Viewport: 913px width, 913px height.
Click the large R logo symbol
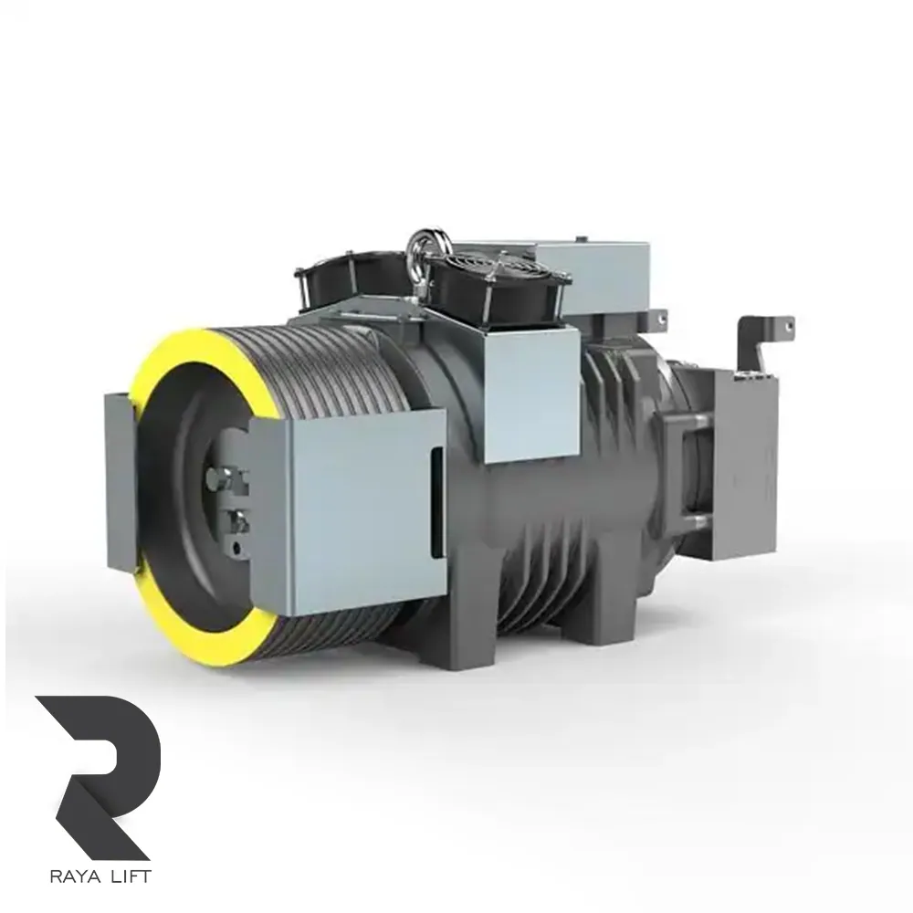coord(98,777)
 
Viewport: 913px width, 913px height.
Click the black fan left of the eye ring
coord(350,285)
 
